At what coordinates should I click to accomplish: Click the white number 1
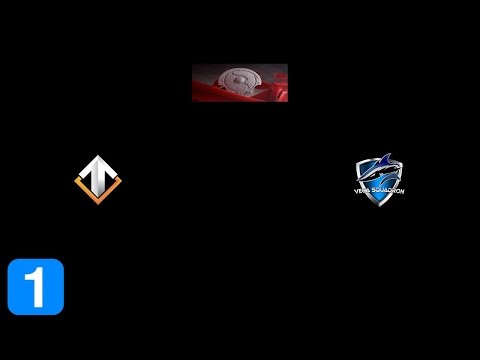coord(35,287)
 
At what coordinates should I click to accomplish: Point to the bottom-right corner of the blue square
coord(62,313)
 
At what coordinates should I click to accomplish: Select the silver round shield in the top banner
coord(239,80)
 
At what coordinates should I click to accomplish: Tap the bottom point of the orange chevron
coord(97,196)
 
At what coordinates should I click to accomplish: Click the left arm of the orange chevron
coord(82,185)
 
